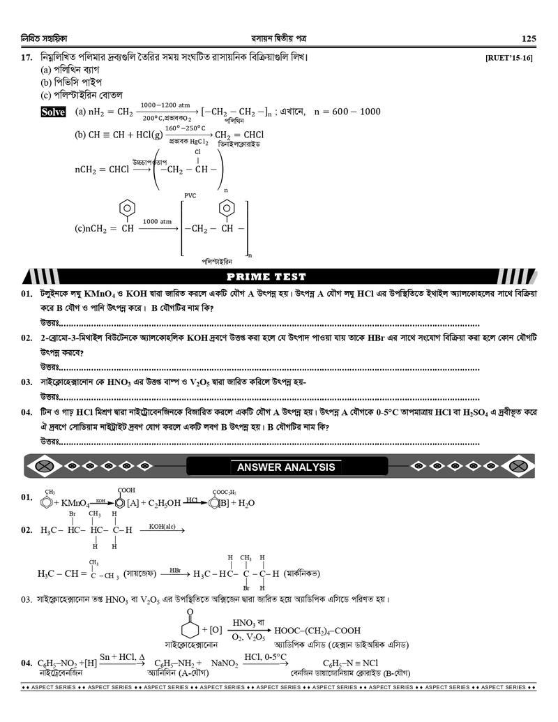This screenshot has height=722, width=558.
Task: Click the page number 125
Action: (x=528, y=38)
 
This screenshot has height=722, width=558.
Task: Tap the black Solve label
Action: (x=53, y=112)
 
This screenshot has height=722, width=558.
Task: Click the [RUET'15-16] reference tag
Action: (x=508, y=58)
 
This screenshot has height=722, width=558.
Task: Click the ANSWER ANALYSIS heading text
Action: (x=285, y=467)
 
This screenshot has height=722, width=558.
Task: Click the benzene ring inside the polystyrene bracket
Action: (x=225, y=208)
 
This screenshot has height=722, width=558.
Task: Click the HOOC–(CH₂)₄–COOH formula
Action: (x=317, y=629)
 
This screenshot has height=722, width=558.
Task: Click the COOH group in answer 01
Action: (x=126, y=490)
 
